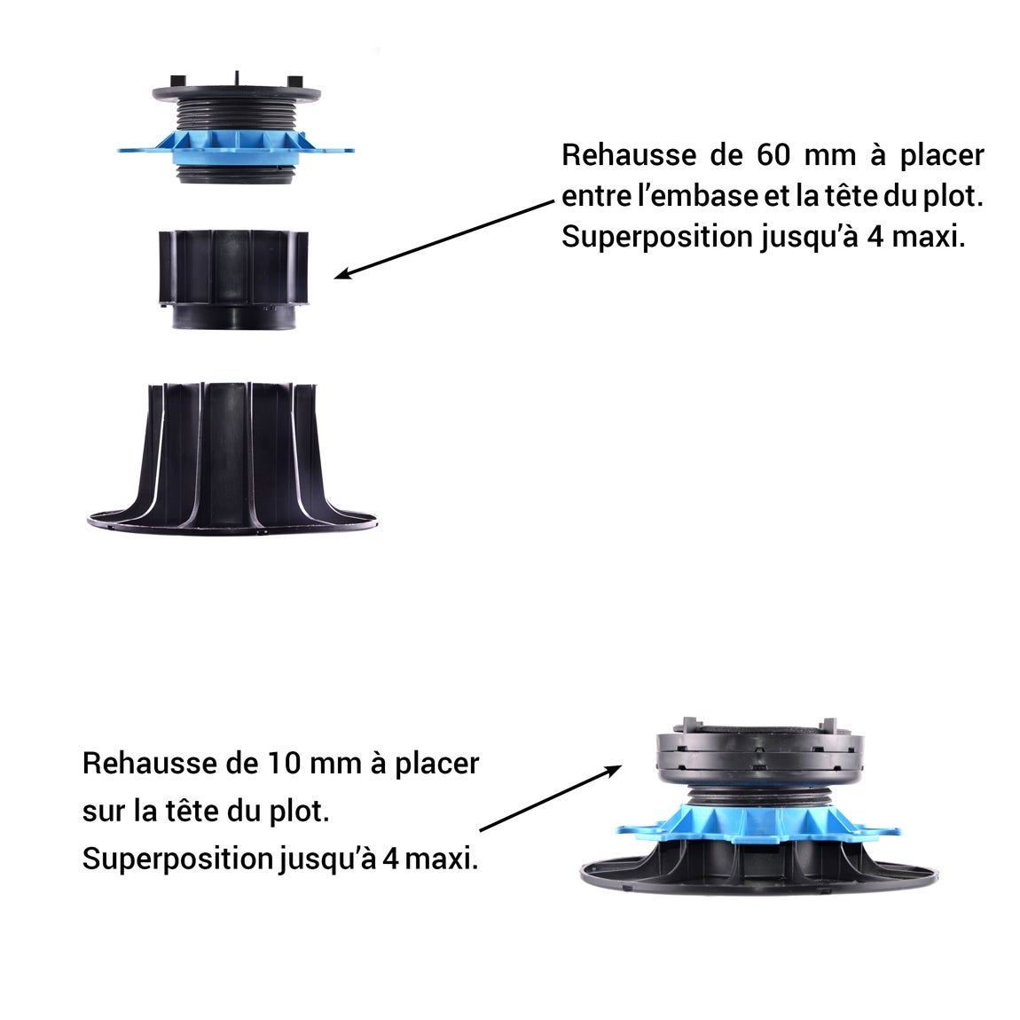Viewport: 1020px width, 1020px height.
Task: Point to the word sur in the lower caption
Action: (x=100, y=811)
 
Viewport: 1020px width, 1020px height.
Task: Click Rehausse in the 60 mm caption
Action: (x=629, y=155)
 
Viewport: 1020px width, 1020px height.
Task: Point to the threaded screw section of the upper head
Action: (x=235, y=115)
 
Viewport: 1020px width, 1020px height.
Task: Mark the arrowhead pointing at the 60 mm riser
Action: (x=342, y=276)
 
